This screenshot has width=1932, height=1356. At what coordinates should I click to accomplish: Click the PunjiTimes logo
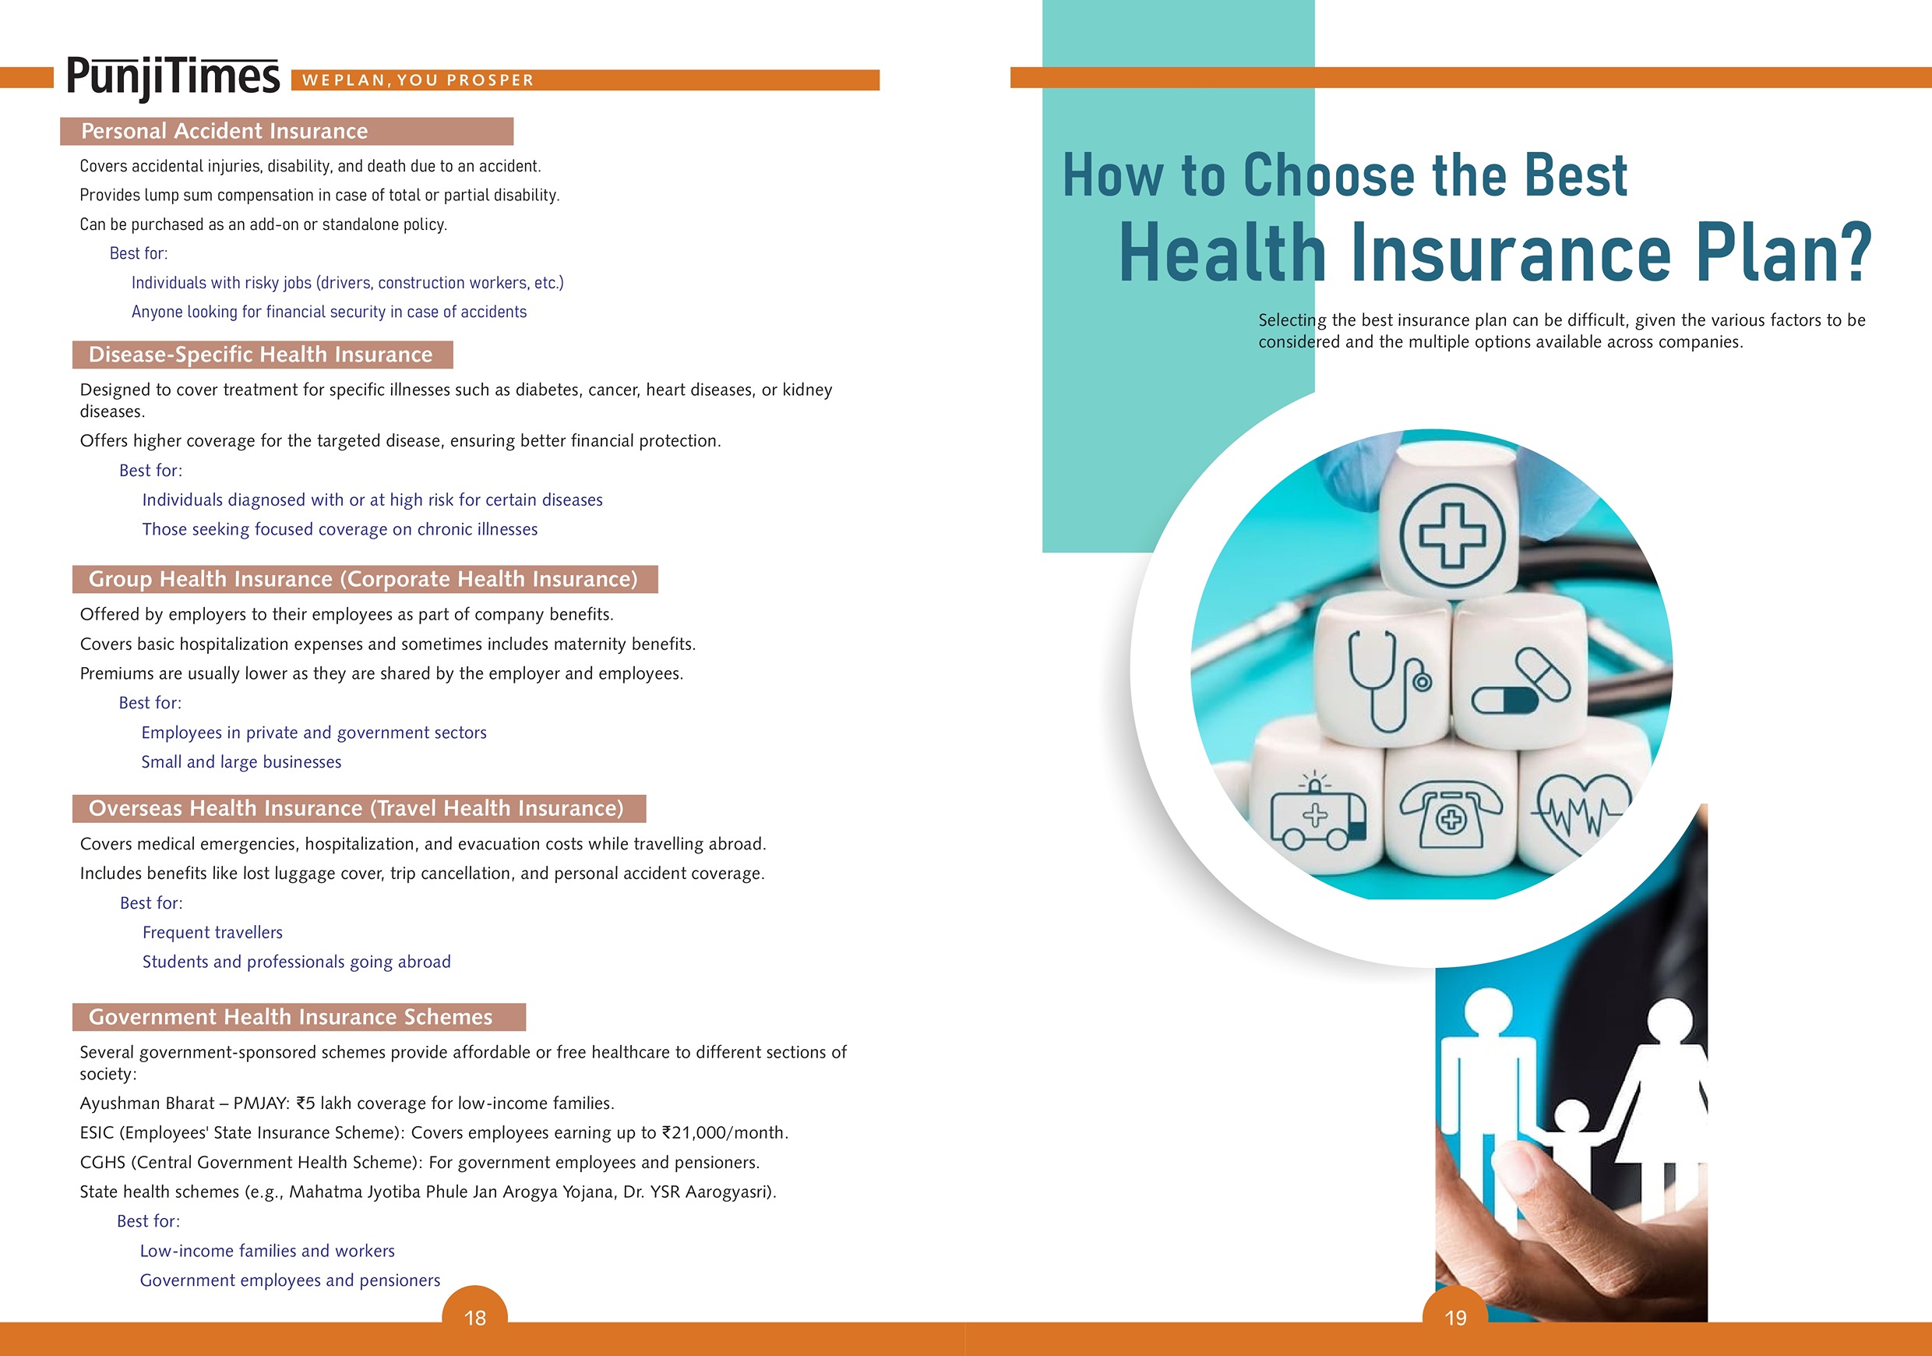coord(172,77)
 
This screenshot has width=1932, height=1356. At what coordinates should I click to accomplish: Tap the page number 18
coord(475,1318)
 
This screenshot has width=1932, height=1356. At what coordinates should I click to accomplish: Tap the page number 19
coord(1456,1318)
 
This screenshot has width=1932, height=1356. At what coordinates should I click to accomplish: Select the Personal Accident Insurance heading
coord(224,131)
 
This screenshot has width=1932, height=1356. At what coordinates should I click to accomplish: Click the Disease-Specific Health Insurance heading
coord(261,355)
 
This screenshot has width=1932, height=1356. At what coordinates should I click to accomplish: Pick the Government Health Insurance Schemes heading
coord(291,1017)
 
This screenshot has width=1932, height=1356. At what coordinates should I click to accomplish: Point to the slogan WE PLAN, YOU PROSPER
coord(418,80)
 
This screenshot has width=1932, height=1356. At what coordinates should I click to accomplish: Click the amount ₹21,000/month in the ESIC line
coord(724,1133)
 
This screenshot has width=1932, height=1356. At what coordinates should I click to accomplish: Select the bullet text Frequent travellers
coord(212,933)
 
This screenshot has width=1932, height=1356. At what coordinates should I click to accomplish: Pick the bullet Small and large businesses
coord(241,761)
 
